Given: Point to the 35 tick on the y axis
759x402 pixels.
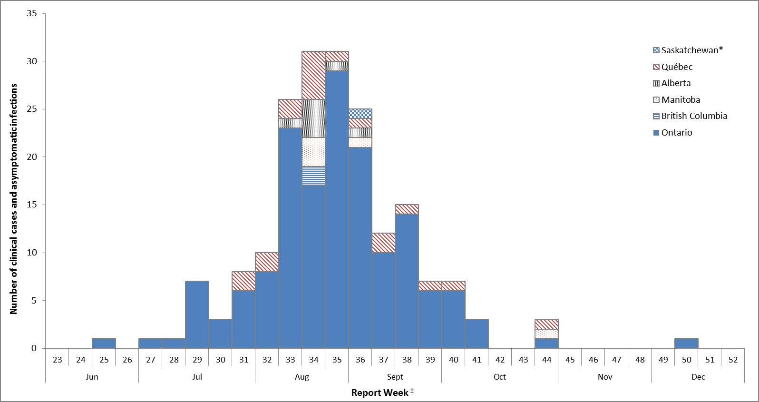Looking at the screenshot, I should [32, 13].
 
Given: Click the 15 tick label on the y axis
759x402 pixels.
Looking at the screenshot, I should [32, 205].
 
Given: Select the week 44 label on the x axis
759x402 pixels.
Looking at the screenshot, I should [546, 360].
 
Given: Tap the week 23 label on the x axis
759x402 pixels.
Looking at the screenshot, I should [57, 360].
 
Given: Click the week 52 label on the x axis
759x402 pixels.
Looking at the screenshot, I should [733, 360].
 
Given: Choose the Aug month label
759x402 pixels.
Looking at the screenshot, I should [302, 377].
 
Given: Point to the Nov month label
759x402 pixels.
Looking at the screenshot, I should [604, 377].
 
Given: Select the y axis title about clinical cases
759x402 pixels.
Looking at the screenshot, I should [14, 198].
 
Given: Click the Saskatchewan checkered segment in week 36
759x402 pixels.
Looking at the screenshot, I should [360, 114].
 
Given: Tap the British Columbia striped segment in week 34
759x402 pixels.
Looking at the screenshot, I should [313, 176].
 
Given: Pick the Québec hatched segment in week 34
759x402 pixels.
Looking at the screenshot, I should [313, 75].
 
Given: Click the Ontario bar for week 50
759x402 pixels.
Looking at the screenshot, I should [686, 343].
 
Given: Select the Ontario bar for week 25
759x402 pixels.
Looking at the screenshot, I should [104, 343].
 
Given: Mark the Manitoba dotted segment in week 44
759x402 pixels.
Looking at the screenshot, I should [546, 334].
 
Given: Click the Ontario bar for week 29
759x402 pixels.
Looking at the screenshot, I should [197, 314].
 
